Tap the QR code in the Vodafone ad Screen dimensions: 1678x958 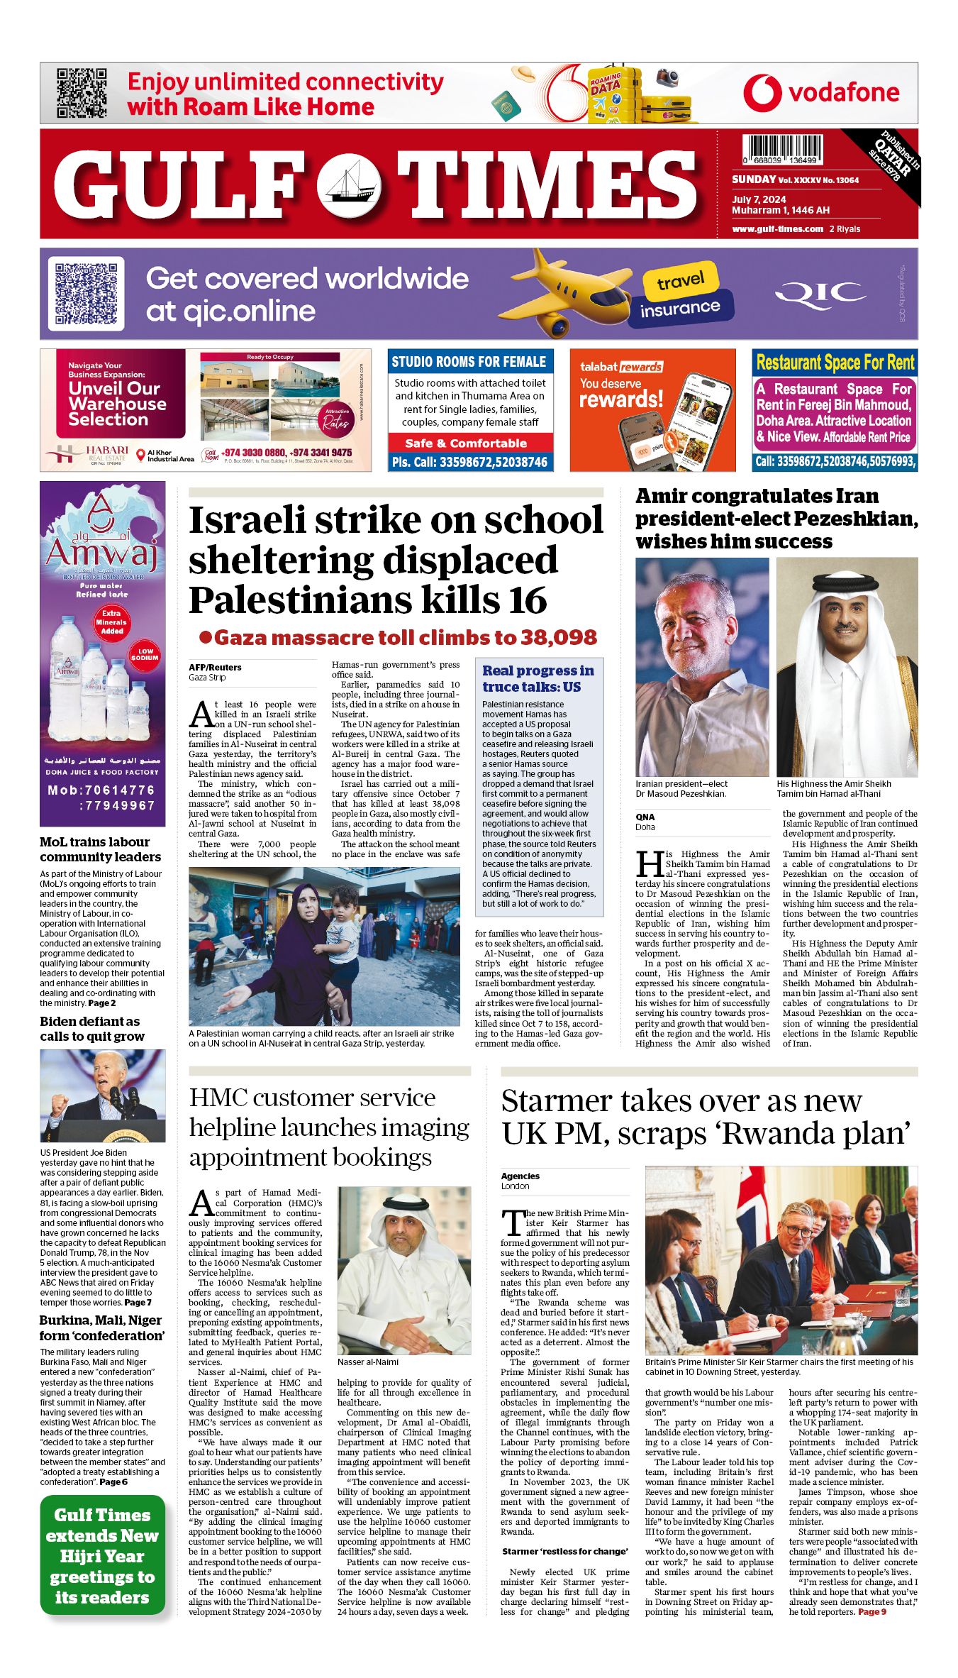pos(82,93)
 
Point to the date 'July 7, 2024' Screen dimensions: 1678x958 pos(759,199)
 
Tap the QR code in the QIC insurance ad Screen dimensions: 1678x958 pos(86,294)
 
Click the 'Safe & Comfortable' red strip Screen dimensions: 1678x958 pos(469,443)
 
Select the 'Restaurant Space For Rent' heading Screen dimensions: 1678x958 pos(835,363)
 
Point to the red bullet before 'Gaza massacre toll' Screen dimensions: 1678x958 pos(206,637)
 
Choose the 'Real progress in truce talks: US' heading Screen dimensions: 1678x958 pos(538,678)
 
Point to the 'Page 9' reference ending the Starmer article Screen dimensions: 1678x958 pos(871,1612)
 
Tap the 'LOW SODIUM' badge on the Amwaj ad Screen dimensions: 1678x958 pos(145,654)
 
